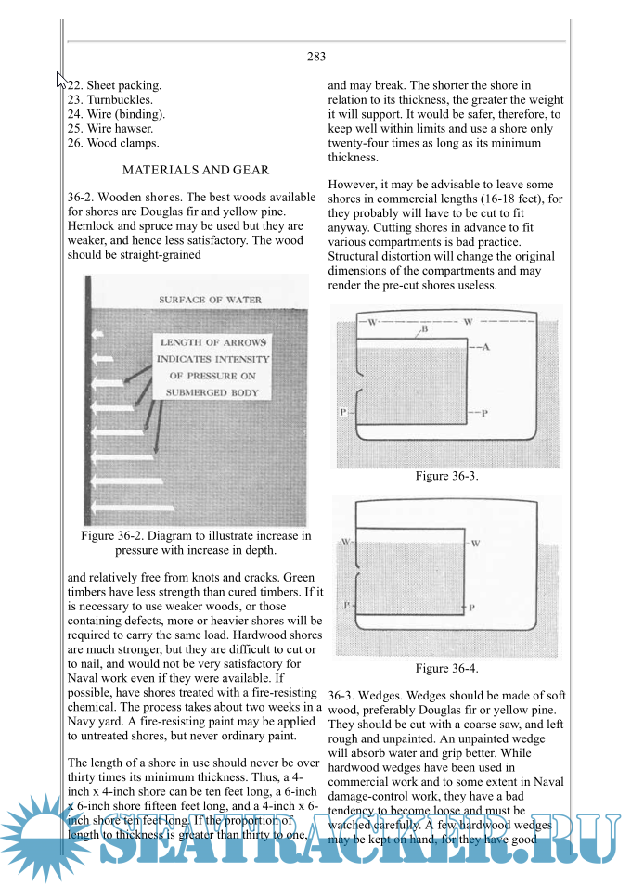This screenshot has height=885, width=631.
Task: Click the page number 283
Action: point(315,57)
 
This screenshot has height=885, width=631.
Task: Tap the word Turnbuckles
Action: point(121,99)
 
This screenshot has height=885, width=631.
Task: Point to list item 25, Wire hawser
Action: point(111,129)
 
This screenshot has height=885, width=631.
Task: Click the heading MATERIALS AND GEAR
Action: point(196,170)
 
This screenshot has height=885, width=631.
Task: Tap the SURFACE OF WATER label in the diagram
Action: point(210,301)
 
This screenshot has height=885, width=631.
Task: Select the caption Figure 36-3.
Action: point(446,476)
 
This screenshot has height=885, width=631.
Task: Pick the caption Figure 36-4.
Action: point(446,668)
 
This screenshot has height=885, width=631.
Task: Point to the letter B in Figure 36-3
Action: point(424,329)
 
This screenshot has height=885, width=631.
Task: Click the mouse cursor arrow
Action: point(61,80)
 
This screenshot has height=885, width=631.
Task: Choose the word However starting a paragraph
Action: point(354,184)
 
